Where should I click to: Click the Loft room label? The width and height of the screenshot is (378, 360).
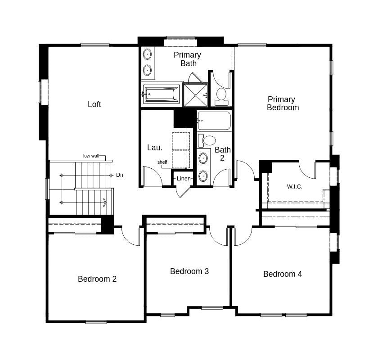tap(94, 104)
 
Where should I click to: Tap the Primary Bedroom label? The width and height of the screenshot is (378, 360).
tap(282, 103)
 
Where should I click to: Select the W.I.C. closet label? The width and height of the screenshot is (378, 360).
tap(294, 186)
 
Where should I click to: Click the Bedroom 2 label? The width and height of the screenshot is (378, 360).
tap(97, 279)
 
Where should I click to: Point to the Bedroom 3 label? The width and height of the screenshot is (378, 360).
tap(189, 271)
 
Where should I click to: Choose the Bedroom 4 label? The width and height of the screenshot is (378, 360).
tap(282, 274)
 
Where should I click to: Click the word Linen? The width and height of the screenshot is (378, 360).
tap(184, 179)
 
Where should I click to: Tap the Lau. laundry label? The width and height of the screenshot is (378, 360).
tap(154, 148)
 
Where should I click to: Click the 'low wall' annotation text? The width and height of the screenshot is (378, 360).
tap(91, 156)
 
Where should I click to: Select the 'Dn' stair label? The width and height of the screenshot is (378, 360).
tap(119, 175)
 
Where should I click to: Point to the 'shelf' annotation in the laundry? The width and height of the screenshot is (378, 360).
tap(162, 162)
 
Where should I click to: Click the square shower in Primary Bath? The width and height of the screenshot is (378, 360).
tap(195, 95)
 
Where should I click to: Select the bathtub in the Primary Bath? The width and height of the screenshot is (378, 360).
tap(162, 94)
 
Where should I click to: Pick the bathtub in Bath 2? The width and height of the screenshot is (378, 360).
tap(214, 121)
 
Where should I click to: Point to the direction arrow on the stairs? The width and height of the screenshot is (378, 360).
tap(104, 202)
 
